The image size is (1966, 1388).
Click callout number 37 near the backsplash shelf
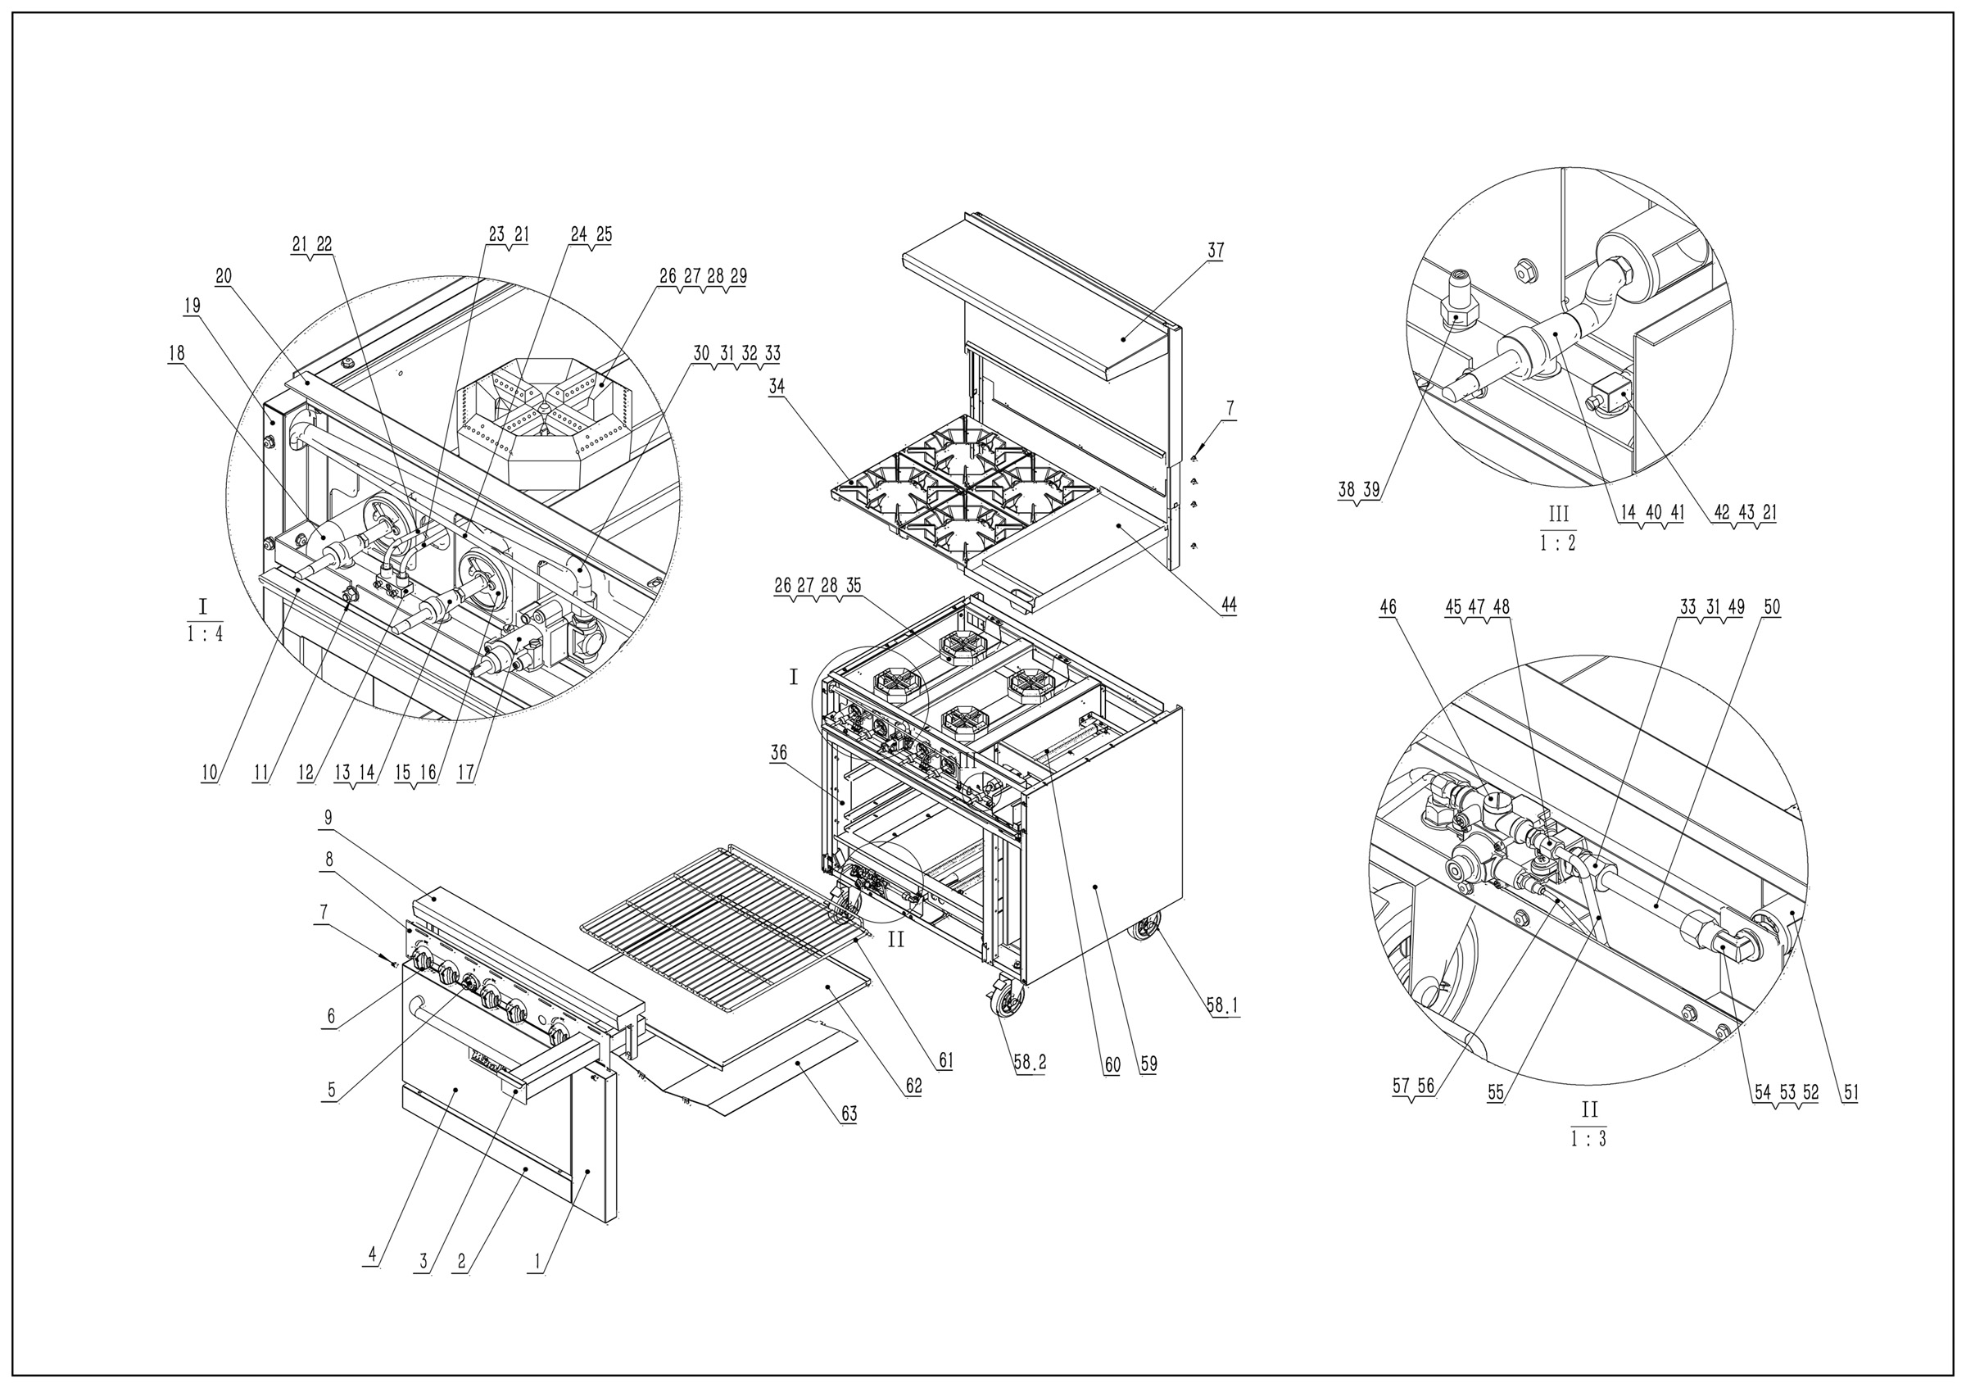pos(1215,250)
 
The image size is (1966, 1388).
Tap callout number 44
pos(1228,605)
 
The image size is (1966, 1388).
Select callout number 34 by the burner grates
pos(776,386)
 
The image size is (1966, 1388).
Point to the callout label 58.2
pos(1028,1063)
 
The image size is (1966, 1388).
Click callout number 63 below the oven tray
pos(848,1114)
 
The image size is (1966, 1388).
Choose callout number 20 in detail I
pos(224,277)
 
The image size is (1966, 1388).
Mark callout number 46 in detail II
pos(1387,607)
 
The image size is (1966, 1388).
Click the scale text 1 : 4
pos(205,635)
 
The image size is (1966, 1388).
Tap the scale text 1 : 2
pos(1557,543)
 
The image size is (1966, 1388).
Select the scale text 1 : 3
pos(1588,1140)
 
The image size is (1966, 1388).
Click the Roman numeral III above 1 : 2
pos(1557,515)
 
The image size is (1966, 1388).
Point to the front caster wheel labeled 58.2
pos(1008,1002)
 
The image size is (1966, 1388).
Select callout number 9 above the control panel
pos(328,817)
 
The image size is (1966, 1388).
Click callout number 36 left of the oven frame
pos(777,753)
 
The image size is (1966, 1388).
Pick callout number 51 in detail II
pos(1850,1092)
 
